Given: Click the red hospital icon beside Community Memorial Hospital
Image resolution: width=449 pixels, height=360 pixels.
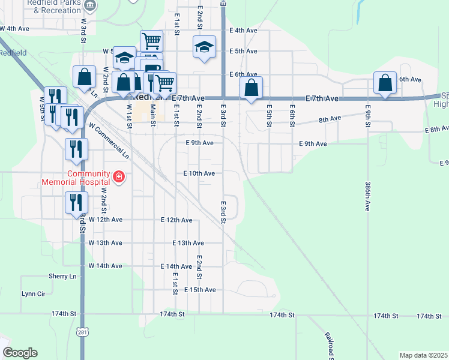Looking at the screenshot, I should tap(119, 177).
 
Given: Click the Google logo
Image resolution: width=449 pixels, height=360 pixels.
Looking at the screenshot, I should tap(20, 353).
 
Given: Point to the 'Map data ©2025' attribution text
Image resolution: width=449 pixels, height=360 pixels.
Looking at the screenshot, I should tap(423, 355).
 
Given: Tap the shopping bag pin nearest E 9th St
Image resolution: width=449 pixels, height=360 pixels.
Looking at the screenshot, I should tap(385, 83).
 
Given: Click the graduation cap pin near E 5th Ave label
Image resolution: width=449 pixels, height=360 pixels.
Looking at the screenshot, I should tap(204, 47).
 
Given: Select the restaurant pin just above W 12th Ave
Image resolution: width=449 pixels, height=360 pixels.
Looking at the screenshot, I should tap(76, 203).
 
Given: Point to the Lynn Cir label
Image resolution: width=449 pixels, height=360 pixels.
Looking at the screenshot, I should tap(33, 293).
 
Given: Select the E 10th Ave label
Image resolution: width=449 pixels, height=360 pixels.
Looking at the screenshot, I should tap(199, 173).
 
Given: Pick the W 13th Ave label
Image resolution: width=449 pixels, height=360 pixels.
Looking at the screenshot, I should tap(105, 243).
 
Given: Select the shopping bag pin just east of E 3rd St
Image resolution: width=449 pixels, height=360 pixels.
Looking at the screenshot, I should tap(252, 88).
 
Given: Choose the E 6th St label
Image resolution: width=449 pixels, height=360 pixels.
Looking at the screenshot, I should tap(292, 112).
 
